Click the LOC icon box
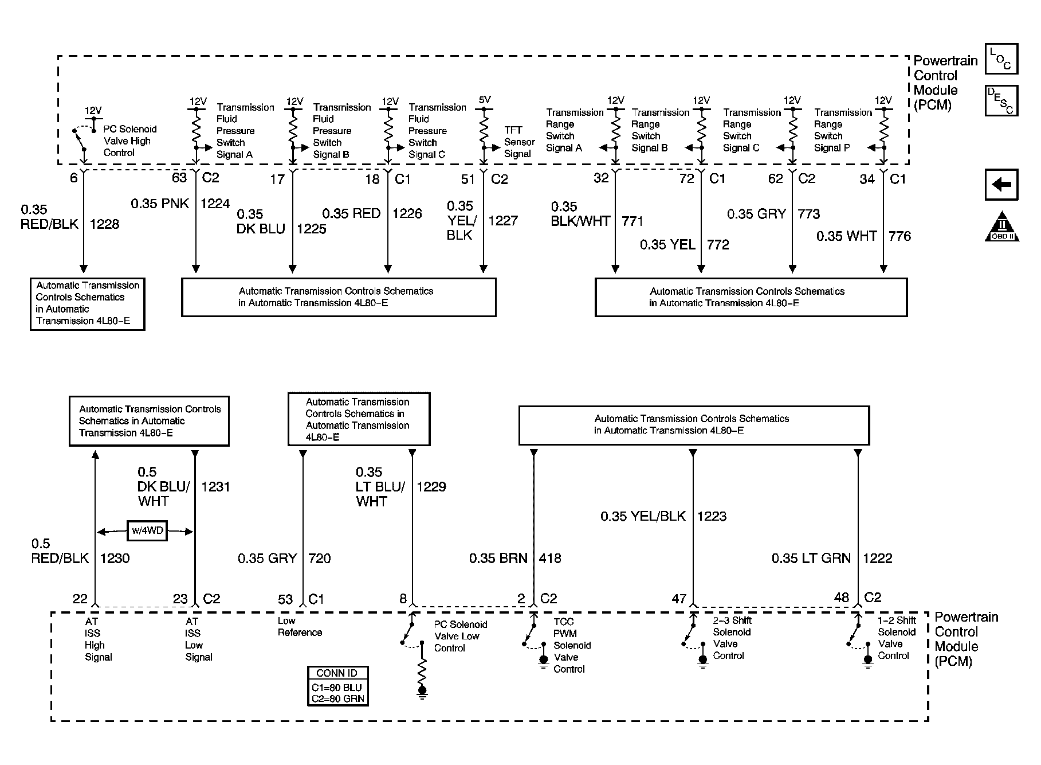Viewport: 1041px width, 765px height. (x=1001, y=58)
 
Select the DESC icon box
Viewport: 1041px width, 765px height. (x=1001, y=100)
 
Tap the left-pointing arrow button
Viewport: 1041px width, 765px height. (x=1001, y=185)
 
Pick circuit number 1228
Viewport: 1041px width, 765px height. (x=104, y=224)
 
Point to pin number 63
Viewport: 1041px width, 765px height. (x=179, y=178)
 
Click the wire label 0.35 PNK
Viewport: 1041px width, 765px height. (x=160, y=204)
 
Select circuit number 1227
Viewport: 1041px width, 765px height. (x=503, y=221)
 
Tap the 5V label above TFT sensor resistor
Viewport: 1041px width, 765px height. (x=485, y=100)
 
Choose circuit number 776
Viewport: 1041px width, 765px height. (x=899, y=236)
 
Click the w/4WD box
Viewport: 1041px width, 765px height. (x=147, y=531)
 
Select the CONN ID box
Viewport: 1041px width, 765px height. (x=337, y=686)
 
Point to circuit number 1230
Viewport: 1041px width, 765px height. (x=115, y=558)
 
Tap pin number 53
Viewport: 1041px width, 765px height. (x=285, y=599)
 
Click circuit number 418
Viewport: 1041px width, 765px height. (x=550, y=558)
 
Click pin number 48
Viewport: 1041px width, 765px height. (x=841, y=598)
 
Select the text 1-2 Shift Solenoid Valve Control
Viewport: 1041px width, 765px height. (x=897, y=638)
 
